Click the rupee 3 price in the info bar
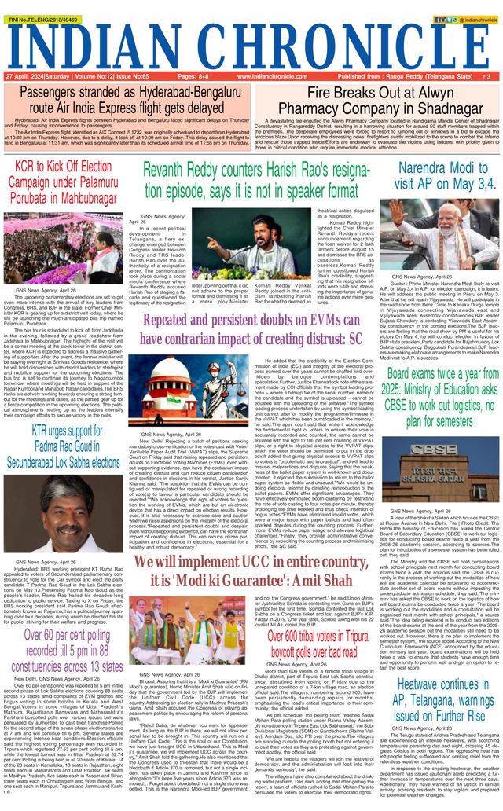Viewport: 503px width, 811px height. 488,77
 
